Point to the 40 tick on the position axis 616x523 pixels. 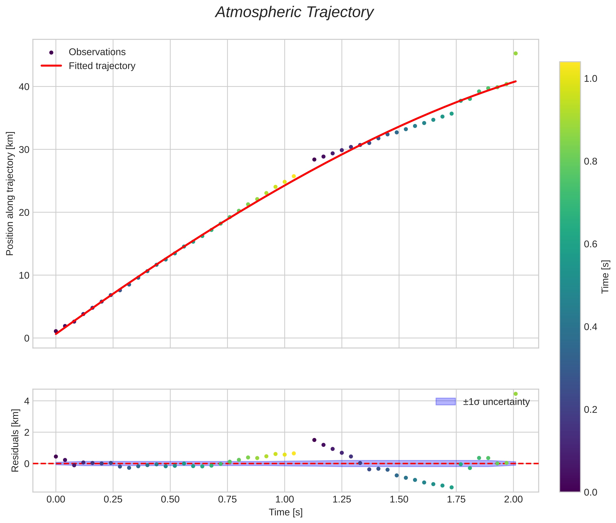(x=24, y=87)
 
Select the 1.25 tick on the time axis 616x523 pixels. (x=342, y=499)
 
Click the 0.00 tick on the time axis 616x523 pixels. (x=56, y=499)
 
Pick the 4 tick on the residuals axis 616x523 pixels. (x=27, y=401)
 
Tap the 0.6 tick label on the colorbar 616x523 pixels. (x=590, y=244)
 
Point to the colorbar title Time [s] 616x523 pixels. (x=606, y=277)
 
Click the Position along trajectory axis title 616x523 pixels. (x=10, y=193)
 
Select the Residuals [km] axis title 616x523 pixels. (x=15, y=440)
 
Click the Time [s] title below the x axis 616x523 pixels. (x=285, y=512)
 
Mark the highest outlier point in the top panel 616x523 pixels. (x=515, y=53)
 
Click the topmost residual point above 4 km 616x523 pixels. (x=515, y=394)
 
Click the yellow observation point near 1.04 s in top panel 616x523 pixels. (x=294, y=176)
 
